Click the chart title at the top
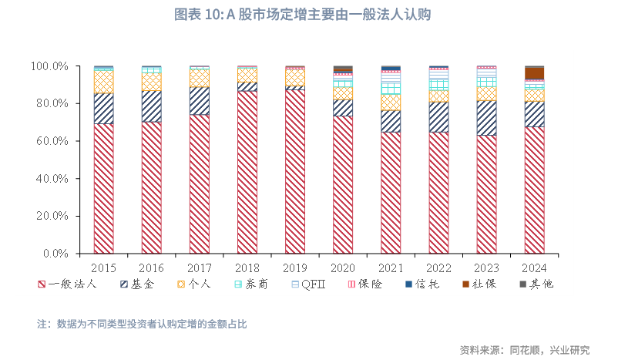click(308, 15)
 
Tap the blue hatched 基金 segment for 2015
click(103, 109)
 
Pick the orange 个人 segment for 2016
click(151, 82)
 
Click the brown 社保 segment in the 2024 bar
click(534, 73)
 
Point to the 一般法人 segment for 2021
click(391, 193)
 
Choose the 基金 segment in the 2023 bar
click(486, 118)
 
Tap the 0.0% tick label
click(56, 254)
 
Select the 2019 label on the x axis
click(294, 268)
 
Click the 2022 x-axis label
click(438, 268)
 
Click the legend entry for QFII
click(313, 284)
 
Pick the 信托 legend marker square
click(409, 284)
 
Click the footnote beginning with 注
click(142, 324)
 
